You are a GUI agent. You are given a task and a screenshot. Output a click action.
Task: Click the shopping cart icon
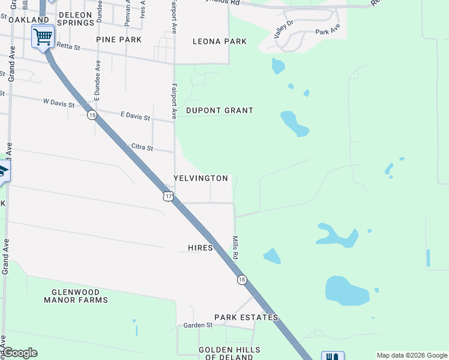pyautogui.click(x=43, y=37)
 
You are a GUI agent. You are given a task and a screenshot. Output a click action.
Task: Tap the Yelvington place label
pyautogui.click(x=200, y=178)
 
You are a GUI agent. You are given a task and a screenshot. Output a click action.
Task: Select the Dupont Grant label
pyautogui.click(x=220, y=110)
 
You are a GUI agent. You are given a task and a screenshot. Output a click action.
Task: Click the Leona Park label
pyautogui.click(x=219, y=41)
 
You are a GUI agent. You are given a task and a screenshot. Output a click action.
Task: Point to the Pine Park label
pyautogui.click(x=119, y=40)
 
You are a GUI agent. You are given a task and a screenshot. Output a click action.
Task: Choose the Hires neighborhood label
pyautogui.click(x=200, y=248)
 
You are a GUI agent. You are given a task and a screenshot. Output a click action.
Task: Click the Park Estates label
pyautogui.click(x=246, y=317)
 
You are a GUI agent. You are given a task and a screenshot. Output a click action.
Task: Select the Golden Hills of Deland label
pyautogui.click(x=229, y=353)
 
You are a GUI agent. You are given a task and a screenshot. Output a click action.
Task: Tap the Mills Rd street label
pyautogui.click(x=236, y=247)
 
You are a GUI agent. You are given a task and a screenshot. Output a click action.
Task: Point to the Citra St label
pyautogui.click(x=142, y=148)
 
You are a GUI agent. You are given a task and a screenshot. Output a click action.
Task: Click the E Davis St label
pyautogui.click(x=135, y=116)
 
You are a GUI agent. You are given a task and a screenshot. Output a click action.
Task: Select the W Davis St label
pyautogui.click(x=59, y=104)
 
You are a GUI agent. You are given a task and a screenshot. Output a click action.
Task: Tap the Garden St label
pyautogui.click(x=198, y=325)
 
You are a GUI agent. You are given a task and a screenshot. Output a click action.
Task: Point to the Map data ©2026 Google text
pyautogui.click(x=411, y=355)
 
